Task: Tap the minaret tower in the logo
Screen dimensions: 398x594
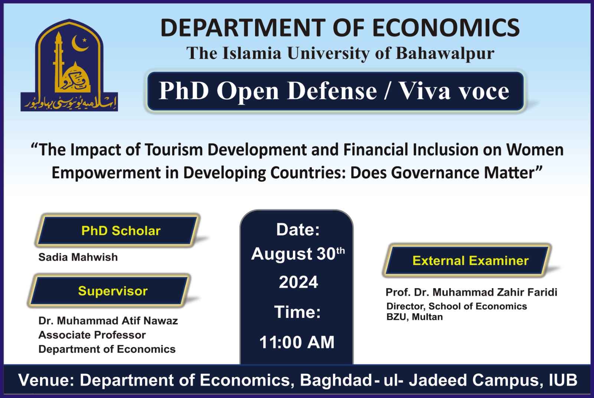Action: pyautogui.click(x=59, y=59)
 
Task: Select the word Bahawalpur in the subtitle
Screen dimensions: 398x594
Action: pyautogui.click(x=445, y=53)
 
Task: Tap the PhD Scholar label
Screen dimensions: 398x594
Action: pyautogui.click(x=121, y=231)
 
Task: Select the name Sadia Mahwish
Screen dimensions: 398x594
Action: pyautogui.click(x=78, y=257)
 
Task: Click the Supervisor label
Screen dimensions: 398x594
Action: pyautogui.click(x=112, y=291)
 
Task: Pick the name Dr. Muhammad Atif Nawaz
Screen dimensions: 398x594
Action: pyautogui.click(x=108, y=321)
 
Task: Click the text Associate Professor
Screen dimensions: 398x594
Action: pyautogui.click(x=92, y=335)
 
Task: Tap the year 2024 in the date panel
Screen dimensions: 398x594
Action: pyautogui.click(x=298, y=283)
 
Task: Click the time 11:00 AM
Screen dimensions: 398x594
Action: pyautogui.click(x=297, y=342)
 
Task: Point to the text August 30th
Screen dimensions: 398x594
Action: pyautogui.click(x=298, y=254)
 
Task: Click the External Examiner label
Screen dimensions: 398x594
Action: pyautogui.click(x=470, y=261)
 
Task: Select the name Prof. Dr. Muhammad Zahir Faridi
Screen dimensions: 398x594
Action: pyautogui.click(x=471, y=293)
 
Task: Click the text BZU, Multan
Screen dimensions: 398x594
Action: pyautogui.click(x=414, y=317)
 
